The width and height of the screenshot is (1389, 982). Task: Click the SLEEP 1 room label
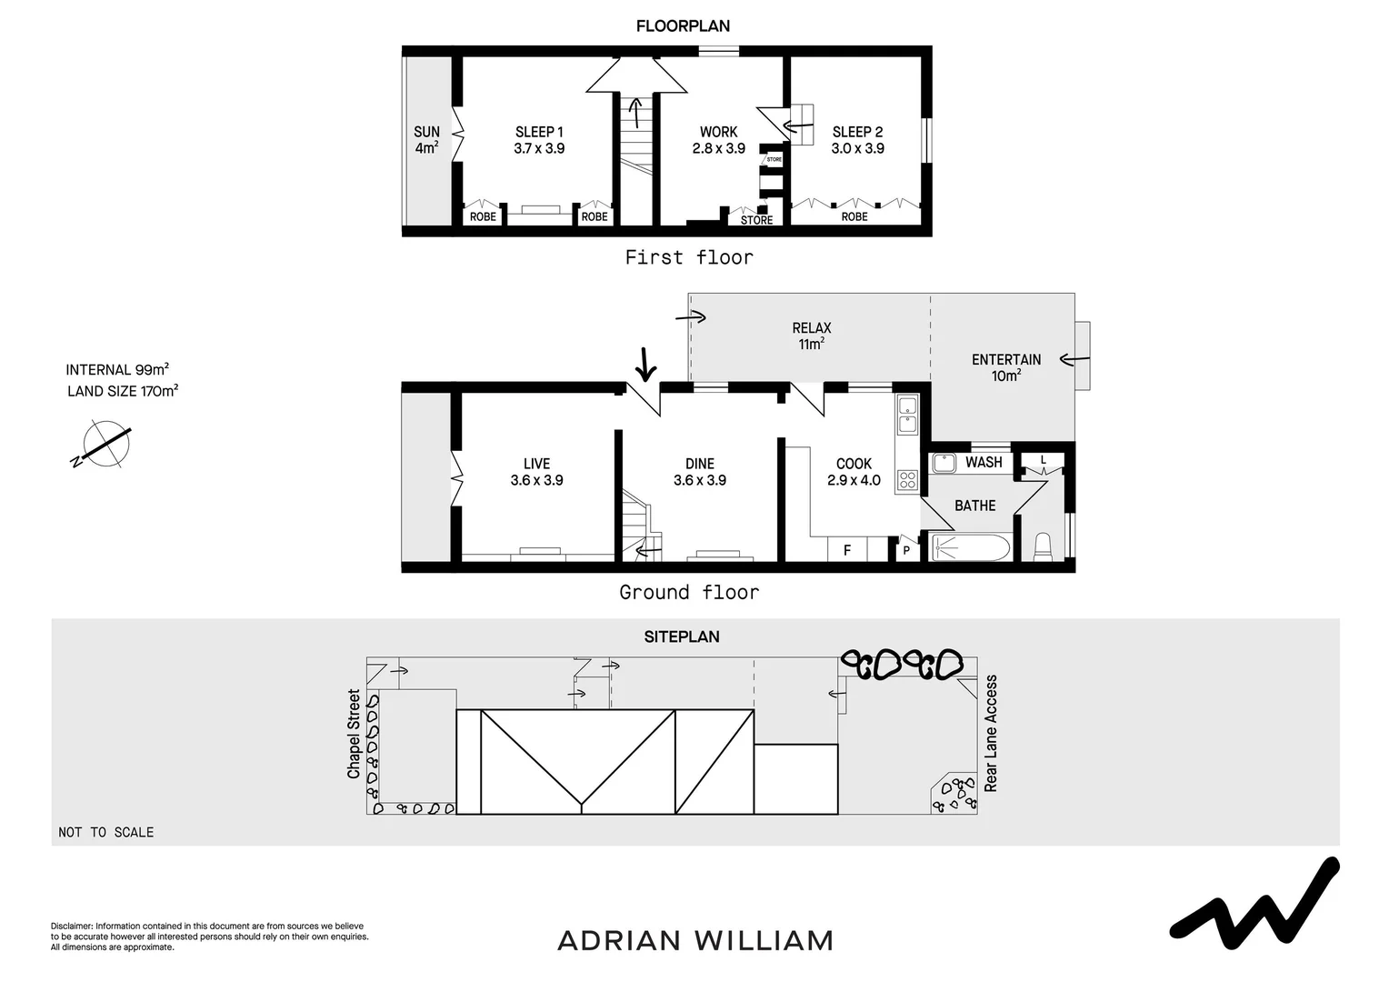coord(539,132)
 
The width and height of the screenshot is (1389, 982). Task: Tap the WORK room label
coord(718,132)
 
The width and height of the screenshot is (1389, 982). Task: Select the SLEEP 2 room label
coord(857,132)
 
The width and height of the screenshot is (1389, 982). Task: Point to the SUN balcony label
coord(426,132)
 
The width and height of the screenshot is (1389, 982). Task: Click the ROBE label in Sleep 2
coord(854,217)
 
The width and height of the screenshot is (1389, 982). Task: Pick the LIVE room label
coord(536,464)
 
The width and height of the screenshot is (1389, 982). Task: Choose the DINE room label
coord(700,464)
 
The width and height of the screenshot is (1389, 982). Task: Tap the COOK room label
coord(854,464)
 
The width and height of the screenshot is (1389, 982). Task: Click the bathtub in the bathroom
coord(970,548)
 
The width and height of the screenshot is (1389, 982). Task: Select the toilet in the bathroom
coord(1043,546)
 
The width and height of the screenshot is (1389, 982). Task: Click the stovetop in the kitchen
coord(907,479)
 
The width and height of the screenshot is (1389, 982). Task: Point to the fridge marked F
coord(847,550)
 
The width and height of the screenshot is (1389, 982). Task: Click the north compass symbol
coord(105,445)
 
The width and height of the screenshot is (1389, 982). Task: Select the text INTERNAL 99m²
coord(117,370)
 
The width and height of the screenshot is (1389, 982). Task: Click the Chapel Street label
coord(354,734)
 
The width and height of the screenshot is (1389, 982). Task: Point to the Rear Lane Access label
coord(991,733)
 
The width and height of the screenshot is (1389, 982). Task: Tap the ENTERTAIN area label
coord(1006,360)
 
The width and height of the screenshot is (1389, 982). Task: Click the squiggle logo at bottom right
coord(1254,900)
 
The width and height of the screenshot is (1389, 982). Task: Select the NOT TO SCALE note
coord(106,832)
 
